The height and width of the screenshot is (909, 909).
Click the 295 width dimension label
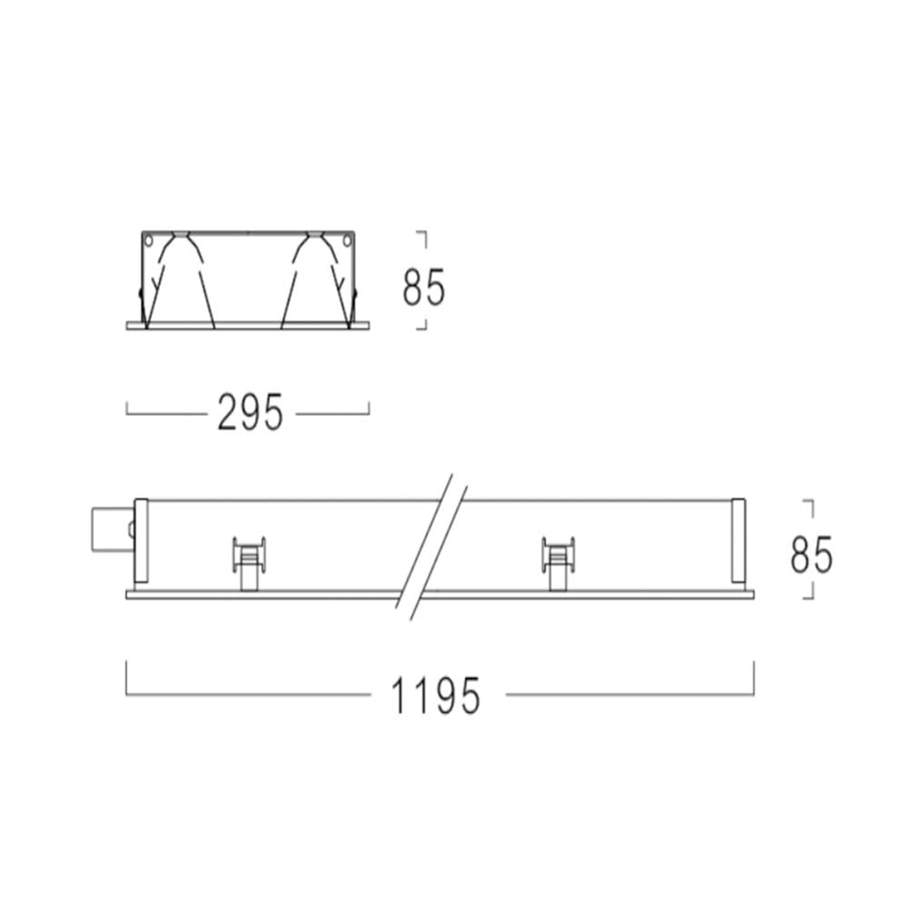pyautogui.click(x=251, y=412)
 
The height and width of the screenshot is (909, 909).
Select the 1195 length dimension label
pyautogui.click(x=436, y=695)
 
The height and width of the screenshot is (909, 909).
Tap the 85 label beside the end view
pyautogui.click(x=425, y=286)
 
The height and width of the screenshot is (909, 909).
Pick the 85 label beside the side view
pyautogui.click(x=812, y=554)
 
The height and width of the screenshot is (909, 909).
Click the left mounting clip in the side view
pyautogui.click(x=249, y=563)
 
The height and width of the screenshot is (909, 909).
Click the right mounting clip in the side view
pyautogui.click(x=558, y=563)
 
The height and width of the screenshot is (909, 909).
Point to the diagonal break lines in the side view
pyautogui.click(x=431, y=547)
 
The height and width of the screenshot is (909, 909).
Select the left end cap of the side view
pyautogui.click(x=141, y=540)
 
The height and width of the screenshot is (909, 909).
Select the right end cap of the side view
pyautogui.click(x=738, y=540)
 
